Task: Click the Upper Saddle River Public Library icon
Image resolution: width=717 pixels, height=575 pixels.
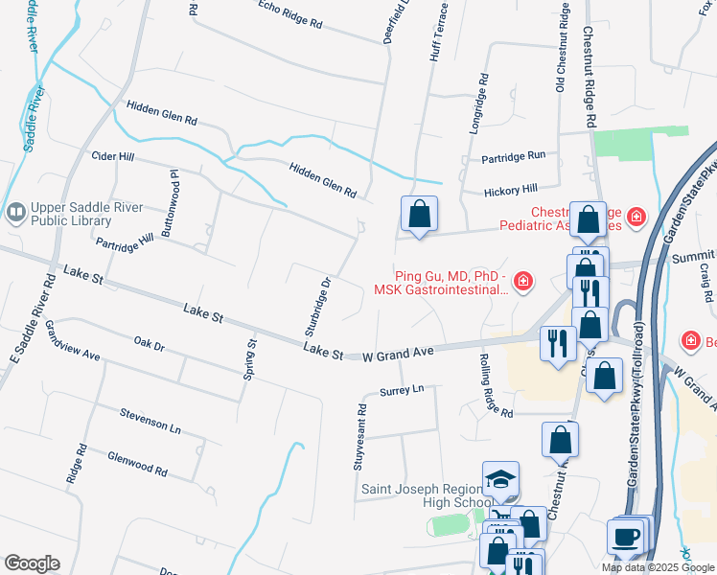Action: coord(15,212)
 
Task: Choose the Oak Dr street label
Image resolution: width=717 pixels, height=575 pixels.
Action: coord(150,343)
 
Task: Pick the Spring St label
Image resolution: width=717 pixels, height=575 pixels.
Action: coord(250,359)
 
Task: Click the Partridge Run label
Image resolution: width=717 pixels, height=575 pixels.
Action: coord(513,155)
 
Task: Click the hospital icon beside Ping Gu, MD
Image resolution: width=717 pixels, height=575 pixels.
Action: coord(522,281)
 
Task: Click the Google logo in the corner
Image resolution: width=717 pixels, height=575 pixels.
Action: coord(32,563)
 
